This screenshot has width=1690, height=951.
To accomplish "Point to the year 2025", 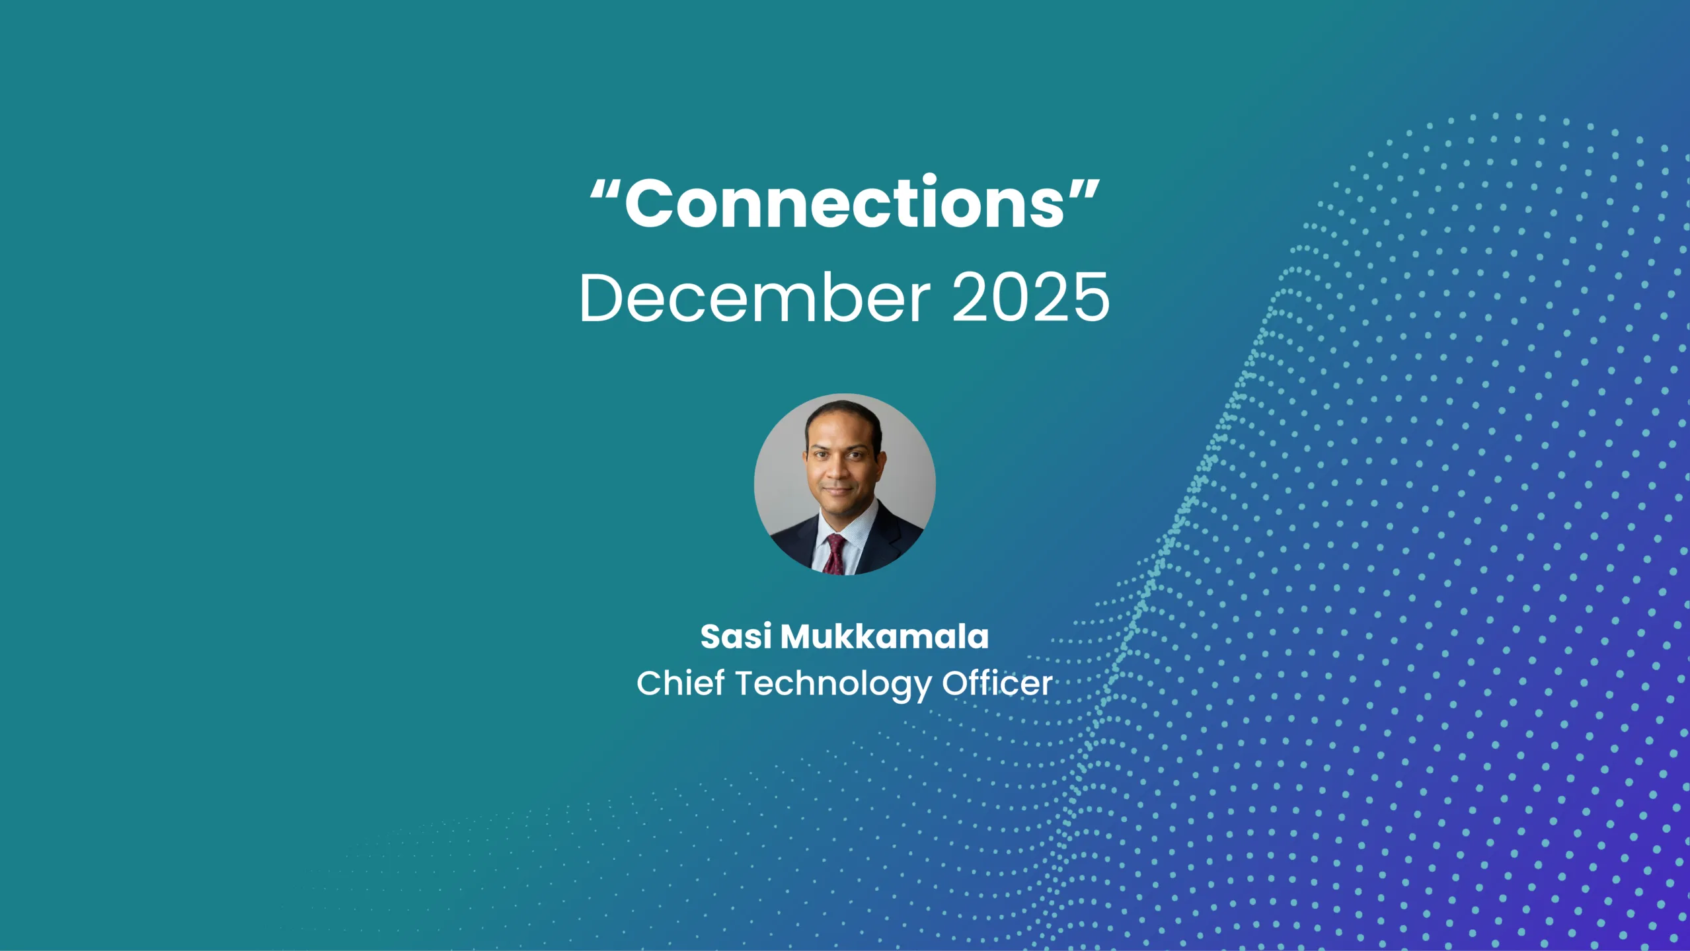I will [1030, 299].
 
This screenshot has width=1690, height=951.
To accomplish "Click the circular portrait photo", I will [845, 484].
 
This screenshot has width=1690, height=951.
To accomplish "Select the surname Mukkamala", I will [884, 637].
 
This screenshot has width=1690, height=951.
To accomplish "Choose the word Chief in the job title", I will [680, 683].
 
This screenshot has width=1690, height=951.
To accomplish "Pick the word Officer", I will [997, 683].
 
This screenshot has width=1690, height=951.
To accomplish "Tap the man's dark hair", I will [843, 413].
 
